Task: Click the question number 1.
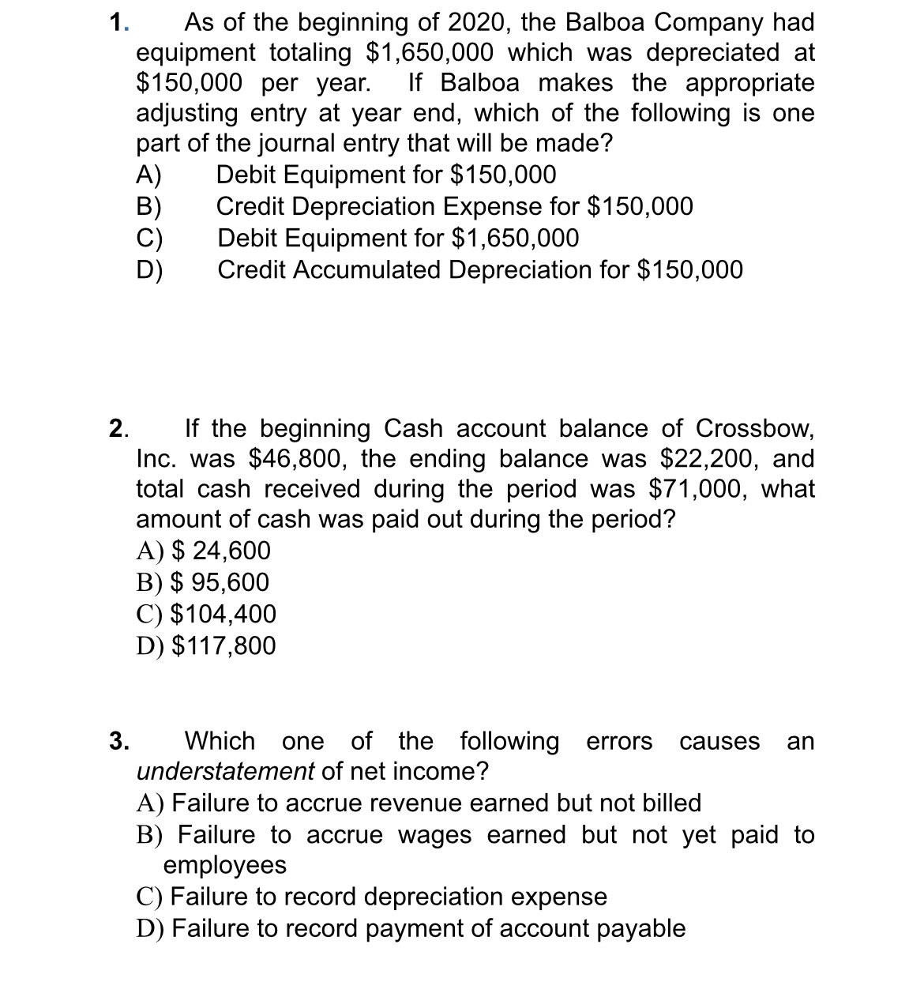[x=118, y=23]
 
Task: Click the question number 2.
[x=118, y=429]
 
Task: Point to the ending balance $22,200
[x=709, y=459]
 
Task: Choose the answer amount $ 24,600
[x=221, y=551]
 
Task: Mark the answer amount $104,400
[x=223, y=614]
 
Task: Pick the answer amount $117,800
[x=223, y=646]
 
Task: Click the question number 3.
[x=118, y=742]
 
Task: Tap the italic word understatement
[x=225, y=771]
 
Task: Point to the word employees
[x=225, y=865]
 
